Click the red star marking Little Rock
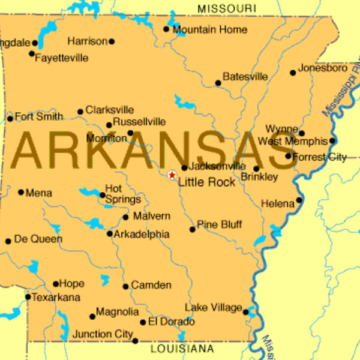(x=172, y=175)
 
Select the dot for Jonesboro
(x=293, y=73)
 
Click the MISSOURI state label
(x=226, y=8)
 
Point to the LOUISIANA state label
(x=182, y=349)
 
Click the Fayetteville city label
(x=62, y=58)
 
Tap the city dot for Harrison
(x=112, y=41)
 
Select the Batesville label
(x=245, y=77)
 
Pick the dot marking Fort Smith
(x=10, y=118)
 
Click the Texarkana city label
(x=56, y=298)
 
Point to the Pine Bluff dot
(x=193, y=229)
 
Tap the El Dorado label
(x=167, y=322)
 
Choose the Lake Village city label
(x=213, y=307)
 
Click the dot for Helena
(x=299, y=200)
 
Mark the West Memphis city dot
(x=332, y=141)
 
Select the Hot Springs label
(x=122, y=194)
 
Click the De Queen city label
(x=38, y=239)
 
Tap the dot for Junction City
(x=135, y=341)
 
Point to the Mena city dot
(x=21, y=193)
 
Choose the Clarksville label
(x=110, y=110)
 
